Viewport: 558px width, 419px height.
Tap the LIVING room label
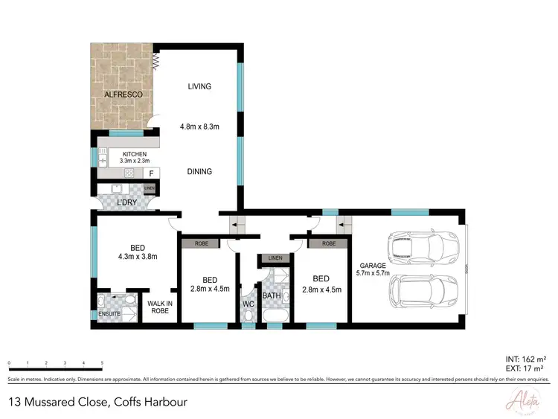pyautogui.click(x=199, y=86)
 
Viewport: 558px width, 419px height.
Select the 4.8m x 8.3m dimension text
pyautogui.click(x=199, y=127)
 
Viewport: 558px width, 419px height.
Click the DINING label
pyautogui.click(x=199, y=171)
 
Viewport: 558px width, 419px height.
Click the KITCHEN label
pyautogui.click(x=135, y=154)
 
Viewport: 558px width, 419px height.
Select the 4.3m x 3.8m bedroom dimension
pyautogui.click(x=138, y=257)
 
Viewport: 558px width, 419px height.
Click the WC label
pyautogui.click(x=248, y=304)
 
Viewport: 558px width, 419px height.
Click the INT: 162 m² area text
pyautogui.click(x=526, y=358)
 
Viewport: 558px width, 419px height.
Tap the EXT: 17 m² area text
pyautogui.click(x=527, y=368)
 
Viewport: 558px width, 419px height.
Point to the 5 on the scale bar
pyautogui.click(x=102, y=362)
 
